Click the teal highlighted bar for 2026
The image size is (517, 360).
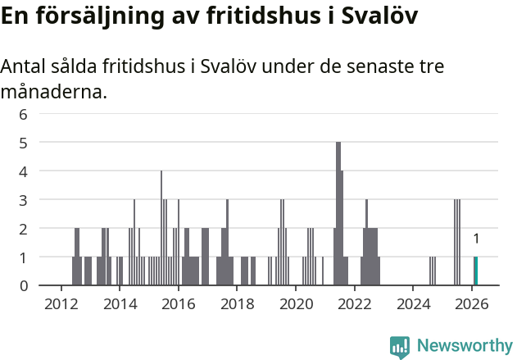[475, 271]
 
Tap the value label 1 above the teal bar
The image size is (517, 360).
[475, 239]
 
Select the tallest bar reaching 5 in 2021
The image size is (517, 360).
[338, 213]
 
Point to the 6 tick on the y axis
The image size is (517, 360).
[24, 114]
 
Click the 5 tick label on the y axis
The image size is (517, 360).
[24, 143]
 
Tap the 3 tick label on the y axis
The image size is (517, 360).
[24, 200]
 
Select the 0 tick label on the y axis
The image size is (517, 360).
[24, 285]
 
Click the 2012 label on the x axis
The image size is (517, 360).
[61, 303]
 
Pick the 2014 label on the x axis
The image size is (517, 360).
[120, 303]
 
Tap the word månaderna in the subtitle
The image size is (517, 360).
[53, 92]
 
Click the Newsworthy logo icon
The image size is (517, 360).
[400, 346]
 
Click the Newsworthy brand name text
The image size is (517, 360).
[464, 346]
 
